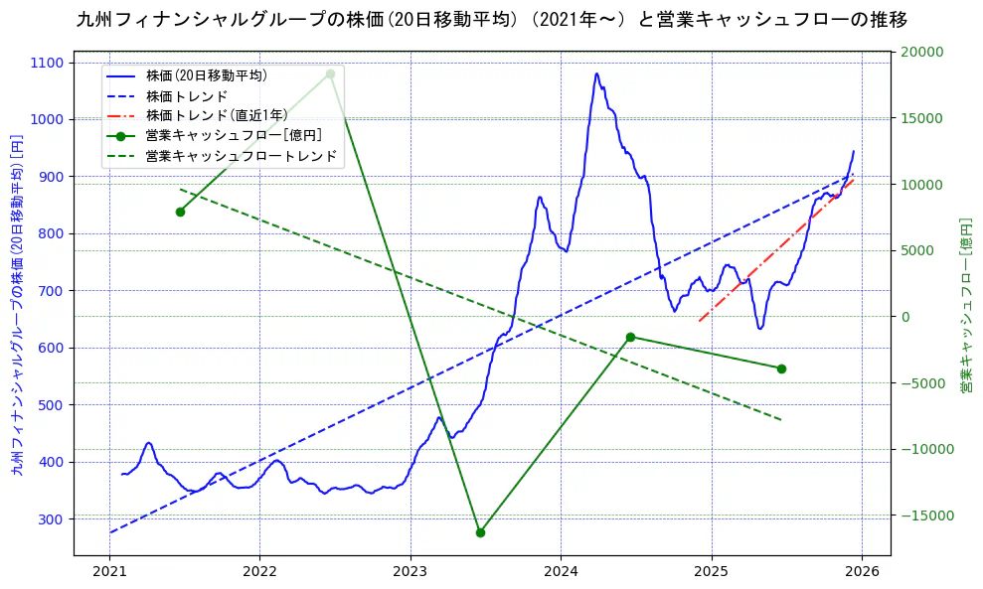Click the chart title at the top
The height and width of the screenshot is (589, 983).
pyautogui.click(x=491, y=19)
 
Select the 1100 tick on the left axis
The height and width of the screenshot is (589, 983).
pyautogui.click(x=47, y=63)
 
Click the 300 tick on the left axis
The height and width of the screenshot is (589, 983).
pyautogui.click(x=51, y=519)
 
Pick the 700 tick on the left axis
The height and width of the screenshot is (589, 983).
pyautogui.click(x=51, y=291)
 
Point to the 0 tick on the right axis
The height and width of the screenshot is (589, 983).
pyautogui.click(x=904, y=317)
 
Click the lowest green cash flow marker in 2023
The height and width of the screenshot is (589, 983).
pyautogui.click(x=480, y=532)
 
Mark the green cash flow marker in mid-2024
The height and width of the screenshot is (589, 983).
pyautogui.click(x=630, y=337)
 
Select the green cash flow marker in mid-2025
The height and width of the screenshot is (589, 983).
pyautogui.click(x=781, y=368)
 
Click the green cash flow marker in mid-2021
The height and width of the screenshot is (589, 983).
pyautogui.click(x=180, y=212)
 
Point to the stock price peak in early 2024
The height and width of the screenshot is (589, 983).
pyautogui.click(x=596, y=74)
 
